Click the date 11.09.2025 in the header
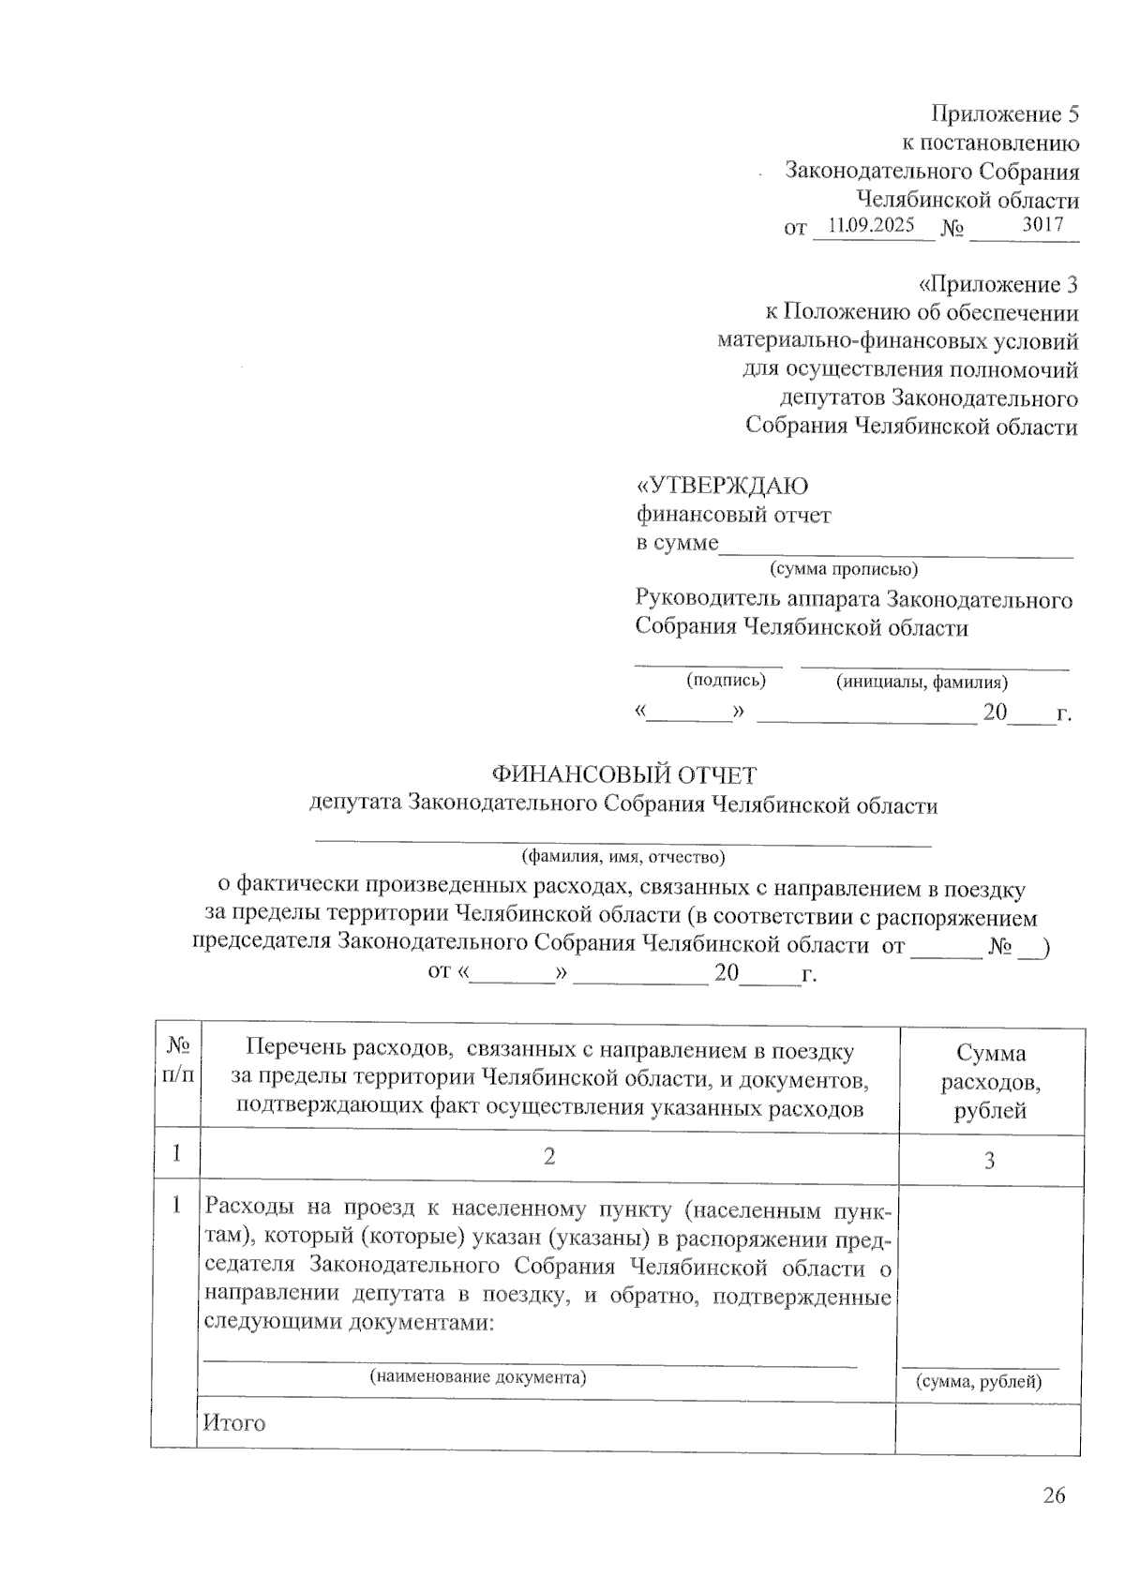[x=872, y=226]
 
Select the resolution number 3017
[x=1042, y=225]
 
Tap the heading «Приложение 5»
[x=1004, y=114]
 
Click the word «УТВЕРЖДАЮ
[x=722, y=486]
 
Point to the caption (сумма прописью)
[x=844, y=569]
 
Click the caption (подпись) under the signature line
[x=726, y=680]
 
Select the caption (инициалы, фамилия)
[x=922, y=682]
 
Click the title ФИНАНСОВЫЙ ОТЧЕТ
[x=624, y=775]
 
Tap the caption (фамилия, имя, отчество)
[x=623, y=856]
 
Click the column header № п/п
[x=177, y=1059]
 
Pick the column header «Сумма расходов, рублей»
[x=990, y=1082]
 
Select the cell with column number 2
[x=549, y=1156]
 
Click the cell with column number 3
[x=989, y=1161]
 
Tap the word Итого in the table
[x=234, y=1422]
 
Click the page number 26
[x=1054, y=1495]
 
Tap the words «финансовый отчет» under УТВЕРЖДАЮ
[x=733, y=515]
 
